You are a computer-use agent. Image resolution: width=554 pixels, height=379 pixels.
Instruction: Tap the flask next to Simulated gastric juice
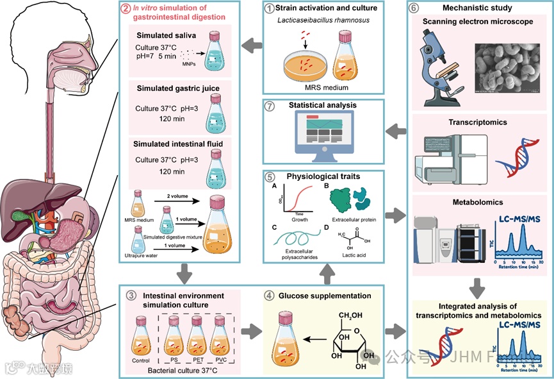tap(216, 110)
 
